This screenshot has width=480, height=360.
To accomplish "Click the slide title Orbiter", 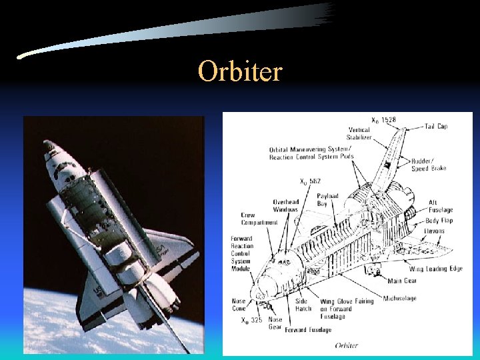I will click(240, 71).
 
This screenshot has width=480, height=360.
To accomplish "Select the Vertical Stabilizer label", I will click(359, 133).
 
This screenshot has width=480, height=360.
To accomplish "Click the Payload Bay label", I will click(327, 200).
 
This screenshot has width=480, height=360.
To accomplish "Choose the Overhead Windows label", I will click(285, 205).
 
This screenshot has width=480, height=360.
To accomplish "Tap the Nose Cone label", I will click(239, 305).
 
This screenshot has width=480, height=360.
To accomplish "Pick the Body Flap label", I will click(439, 220).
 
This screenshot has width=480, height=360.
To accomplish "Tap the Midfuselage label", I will click(400, 298).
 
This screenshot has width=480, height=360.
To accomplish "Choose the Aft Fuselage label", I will click(442, 205).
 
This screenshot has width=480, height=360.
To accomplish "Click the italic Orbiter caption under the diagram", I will click(347, 345).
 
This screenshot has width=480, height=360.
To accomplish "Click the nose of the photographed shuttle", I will click(49, 145).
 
